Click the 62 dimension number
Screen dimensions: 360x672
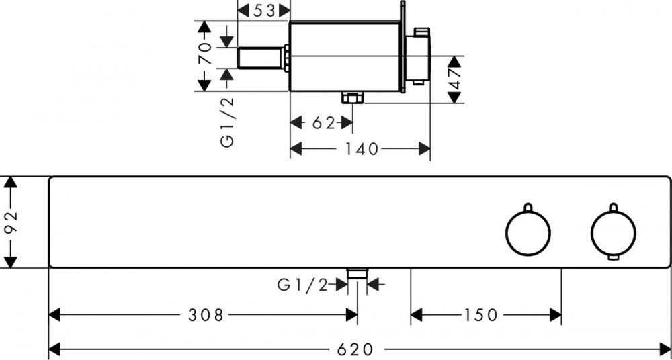[x=323, y=123]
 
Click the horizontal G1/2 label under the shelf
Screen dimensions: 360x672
[x=302, y=285]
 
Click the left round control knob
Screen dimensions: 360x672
[x=528, y=232]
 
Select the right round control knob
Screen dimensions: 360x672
[x=613, y=232]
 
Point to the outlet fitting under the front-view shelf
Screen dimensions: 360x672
[x=357, y=272]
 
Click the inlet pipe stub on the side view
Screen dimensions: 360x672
[x=262, y=57]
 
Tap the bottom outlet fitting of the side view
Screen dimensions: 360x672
[x=351, y=98]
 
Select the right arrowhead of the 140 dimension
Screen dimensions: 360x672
[x=425, y=149]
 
